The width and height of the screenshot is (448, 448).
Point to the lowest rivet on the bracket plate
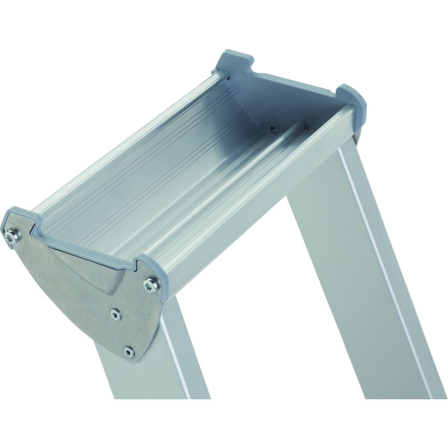tap(129, 351)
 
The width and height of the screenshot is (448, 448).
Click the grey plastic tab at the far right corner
tap(352, 98)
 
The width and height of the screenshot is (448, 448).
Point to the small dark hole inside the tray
tap(272, 130)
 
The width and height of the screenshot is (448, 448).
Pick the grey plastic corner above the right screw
tap(149, 264)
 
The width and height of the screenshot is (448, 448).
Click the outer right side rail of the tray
tap(259, 199)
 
